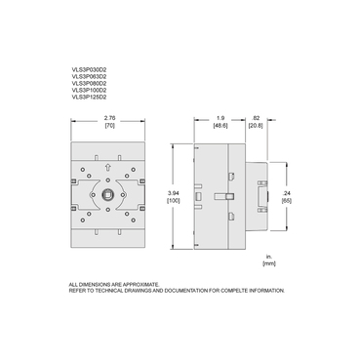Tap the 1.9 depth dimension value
pyautogui.click(x=220, y=117)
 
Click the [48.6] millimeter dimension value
pyautogui.click(x=220, y=127)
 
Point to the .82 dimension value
pyautogui.click(x=255, y=117)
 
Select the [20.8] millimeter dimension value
pyautogui.click(x=255, y=127)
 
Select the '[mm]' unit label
pyautogui.click(x=268, y=264)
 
